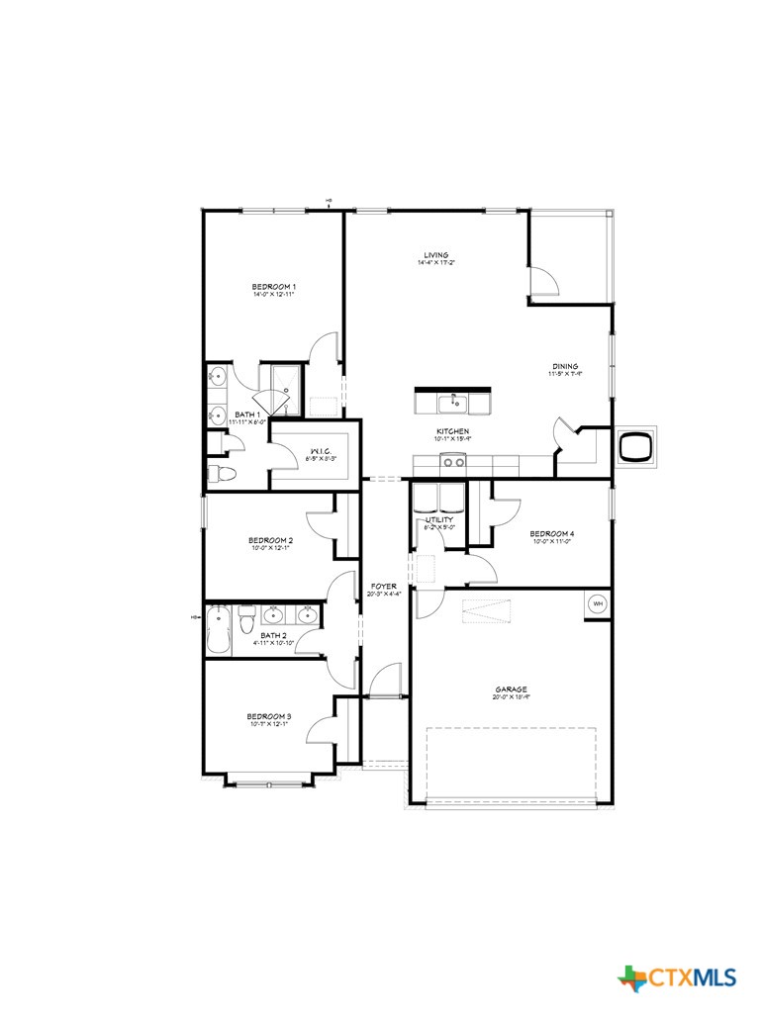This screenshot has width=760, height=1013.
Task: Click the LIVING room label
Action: tap(436, 255)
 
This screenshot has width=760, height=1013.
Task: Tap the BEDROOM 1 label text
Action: tap(274, 287)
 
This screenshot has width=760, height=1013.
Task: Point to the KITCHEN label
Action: tap(452, 432)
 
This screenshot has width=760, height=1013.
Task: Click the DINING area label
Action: tap(565, 367)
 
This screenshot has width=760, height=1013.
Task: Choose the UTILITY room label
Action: tap(439, 519)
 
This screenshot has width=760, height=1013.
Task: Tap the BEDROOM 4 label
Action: tap(552, 533)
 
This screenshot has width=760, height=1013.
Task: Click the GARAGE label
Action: tap(512, 690)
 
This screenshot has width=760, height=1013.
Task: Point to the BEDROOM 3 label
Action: tap(269, 716)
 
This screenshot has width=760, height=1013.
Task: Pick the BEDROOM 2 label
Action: tap(269, 540)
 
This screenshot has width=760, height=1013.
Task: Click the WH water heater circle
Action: tap(598, 602)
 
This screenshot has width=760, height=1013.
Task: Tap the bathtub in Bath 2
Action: tap(219, 630)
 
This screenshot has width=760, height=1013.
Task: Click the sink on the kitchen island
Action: tap(454, 402)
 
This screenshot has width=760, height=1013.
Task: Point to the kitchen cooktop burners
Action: tap(452, 462)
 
